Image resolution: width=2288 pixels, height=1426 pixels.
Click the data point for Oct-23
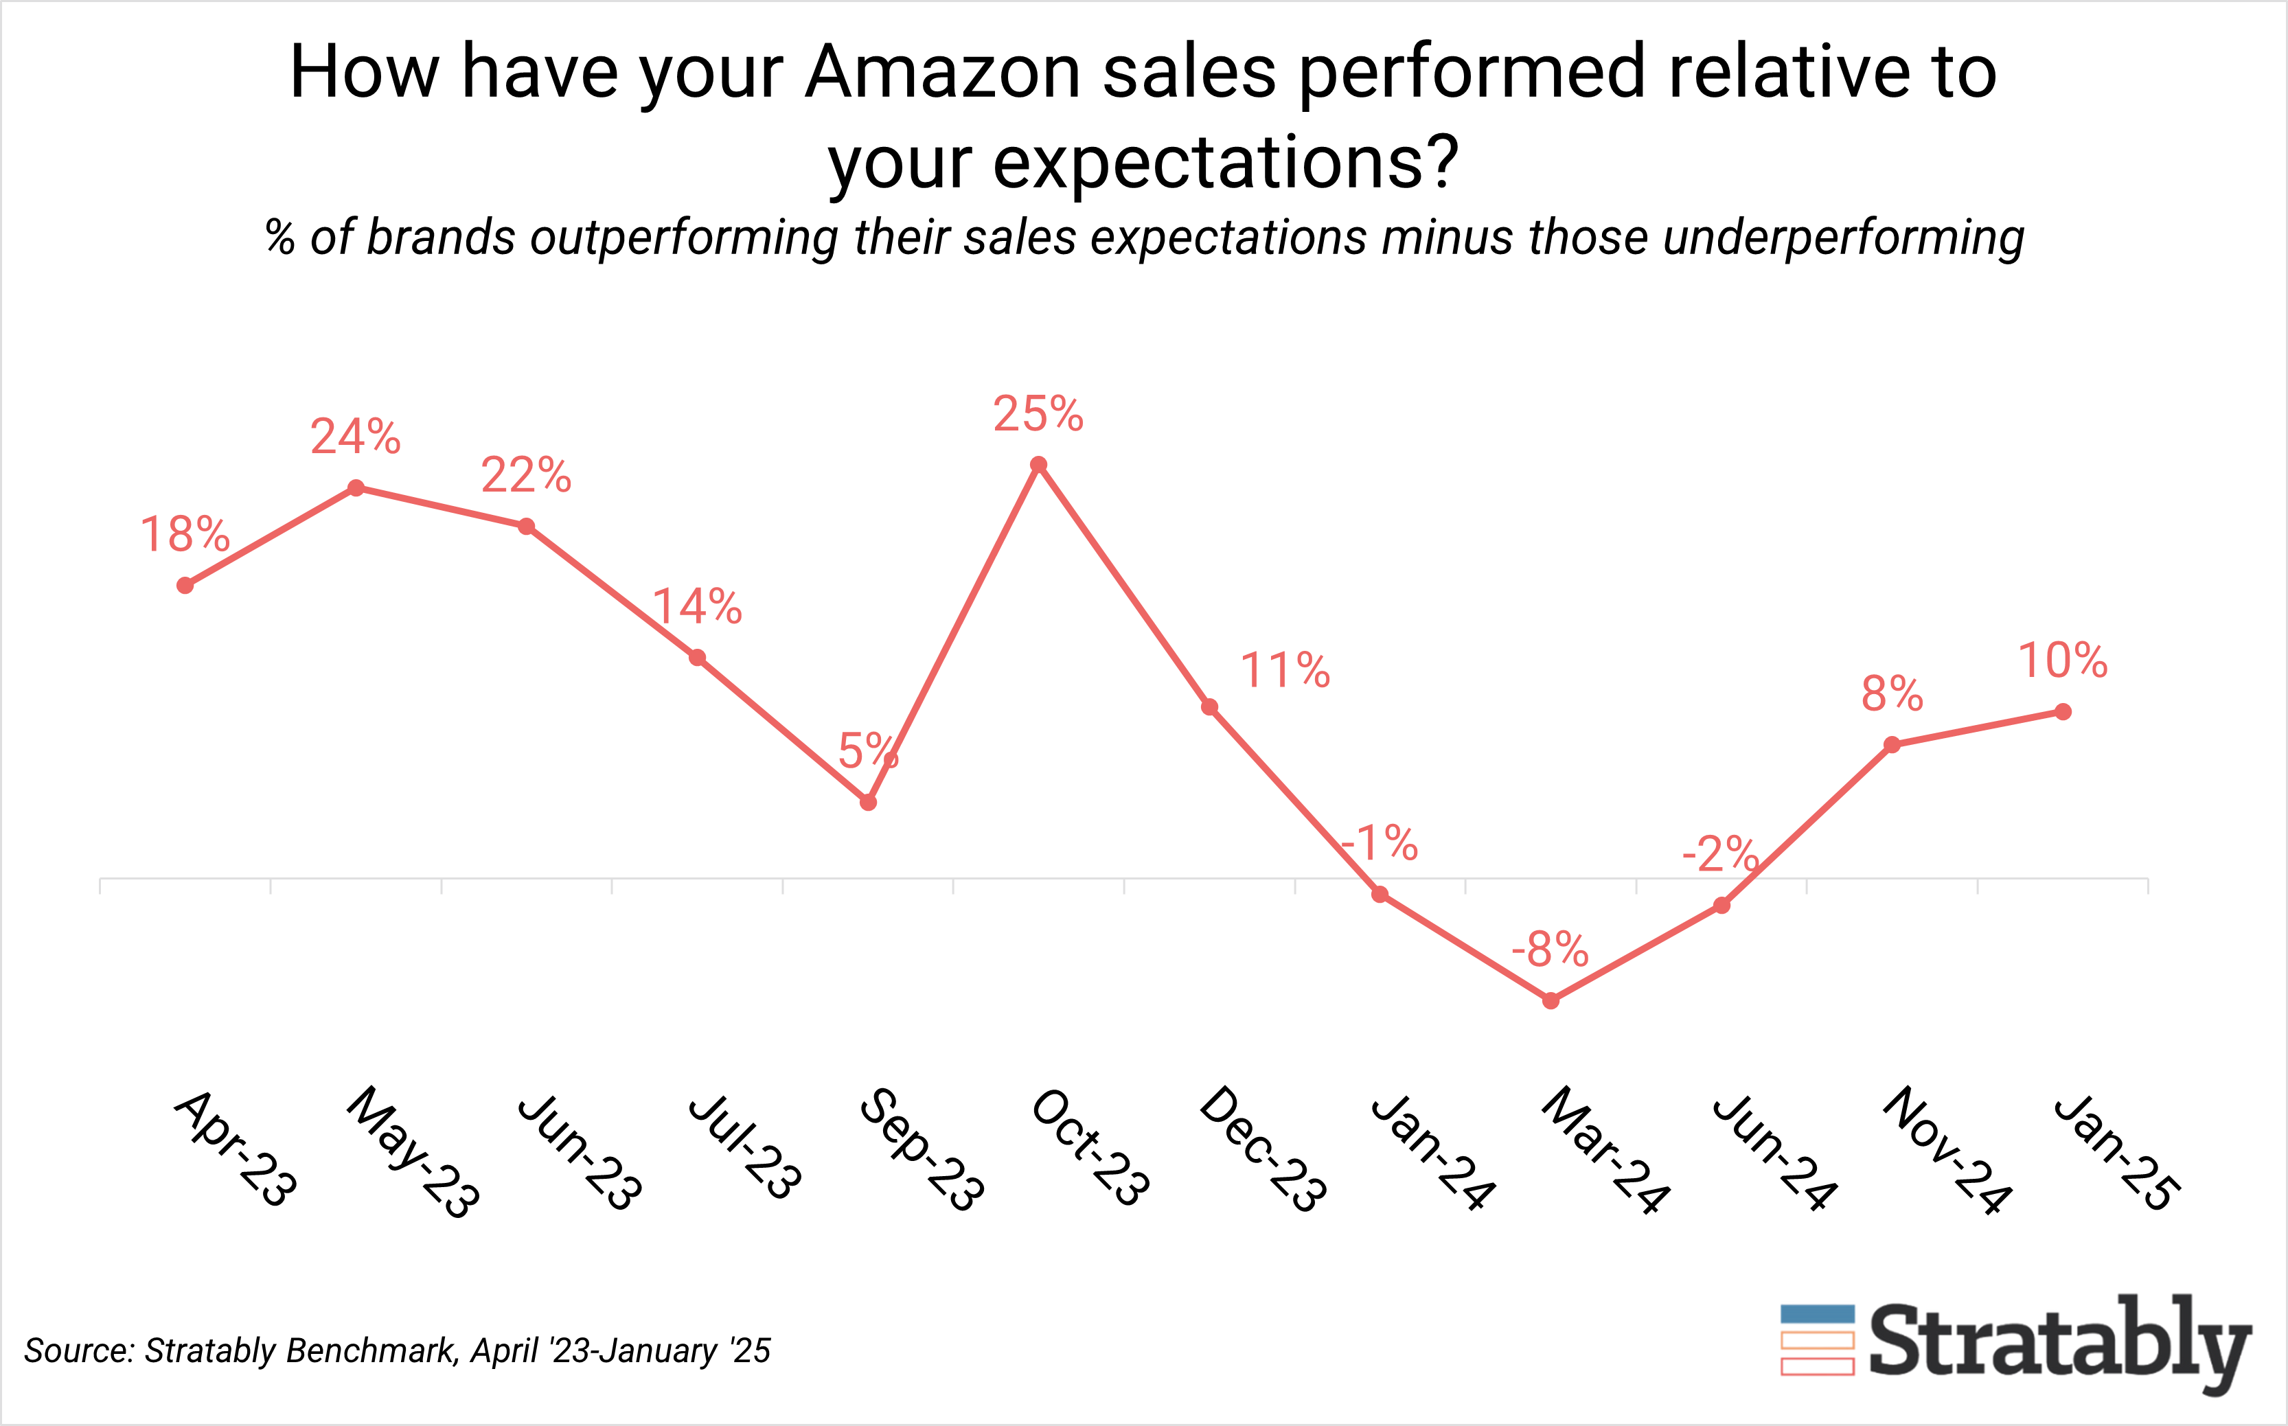(1038, 464)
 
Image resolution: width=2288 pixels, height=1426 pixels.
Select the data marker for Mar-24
(1551, 1000)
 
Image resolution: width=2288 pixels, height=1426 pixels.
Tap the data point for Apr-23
(185, 586)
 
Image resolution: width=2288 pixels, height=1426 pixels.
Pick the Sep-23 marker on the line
(869, 803)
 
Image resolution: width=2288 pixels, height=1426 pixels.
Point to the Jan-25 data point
(2063, 712)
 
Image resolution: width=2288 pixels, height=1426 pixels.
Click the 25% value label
(1038, 414)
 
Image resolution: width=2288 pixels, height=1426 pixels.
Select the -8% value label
(1550, 949)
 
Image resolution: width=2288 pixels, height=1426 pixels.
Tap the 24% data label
(356, 437)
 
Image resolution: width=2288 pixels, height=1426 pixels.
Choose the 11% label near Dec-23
(1285, 671)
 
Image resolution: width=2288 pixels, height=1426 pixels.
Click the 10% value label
(2063, 660)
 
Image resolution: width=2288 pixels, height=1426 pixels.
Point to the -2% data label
(1720, 855)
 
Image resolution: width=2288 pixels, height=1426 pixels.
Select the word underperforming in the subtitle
(1843, 237)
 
